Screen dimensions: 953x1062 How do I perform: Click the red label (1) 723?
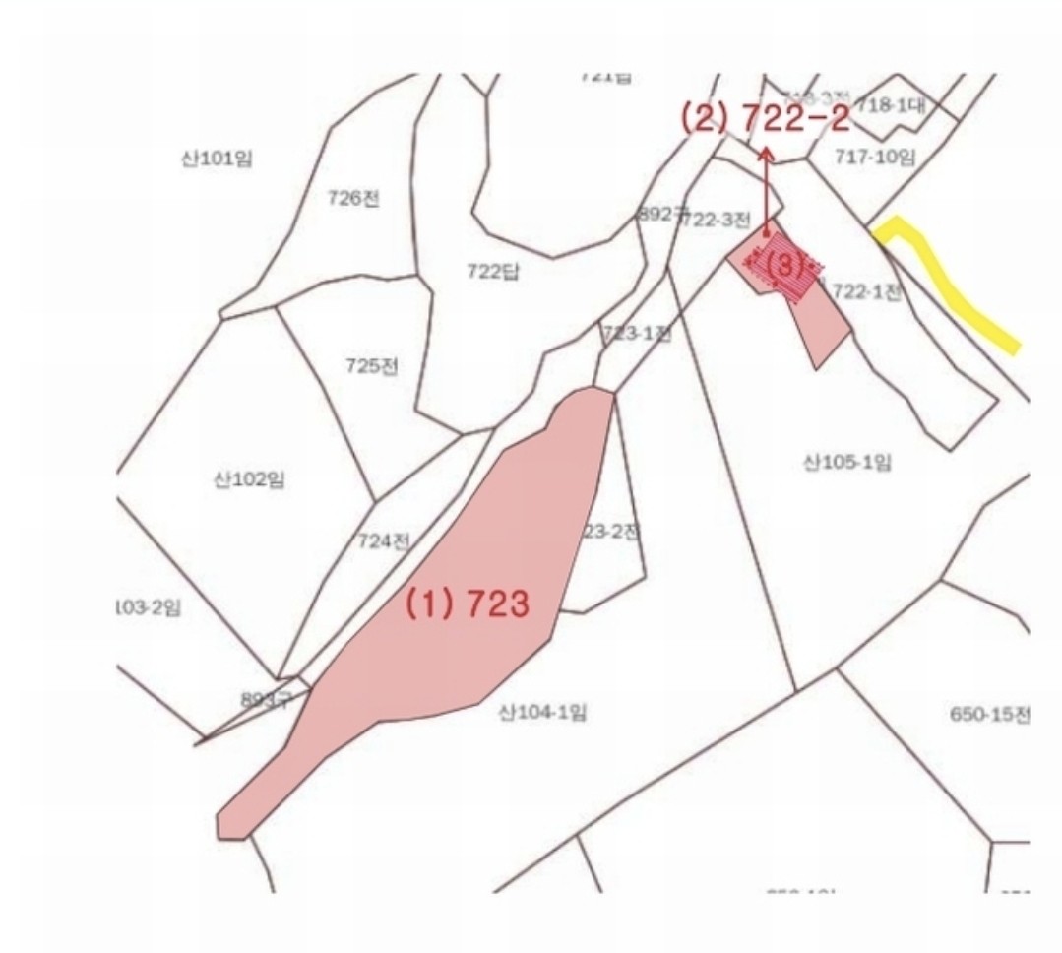(x=469, y=604)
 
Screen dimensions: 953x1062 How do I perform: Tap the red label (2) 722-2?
(x=764, y=119)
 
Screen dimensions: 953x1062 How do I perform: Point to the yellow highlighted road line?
(x=955, y=286)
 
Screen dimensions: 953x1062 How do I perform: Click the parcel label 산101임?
(x=216, y=159)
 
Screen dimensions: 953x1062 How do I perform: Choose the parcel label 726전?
(x=353, y=198)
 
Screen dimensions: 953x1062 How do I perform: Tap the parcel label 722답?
(x=492, y=272)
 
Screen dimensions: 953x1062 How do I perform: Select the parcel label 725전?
(x=372, y=366)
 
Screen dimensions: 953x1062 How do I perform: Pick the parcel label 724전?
(x=384, y=540)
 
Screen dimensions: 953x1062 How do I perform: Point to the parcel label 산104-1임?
(x=543, y=712)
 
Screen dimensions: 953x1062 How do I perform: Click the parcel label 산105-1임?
(x=847, y=462)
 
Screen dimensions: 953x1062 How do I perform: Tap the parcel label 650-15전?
(x=990, y=715)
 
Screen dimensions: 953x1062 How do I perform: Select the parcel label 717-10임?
(x=875, y=156)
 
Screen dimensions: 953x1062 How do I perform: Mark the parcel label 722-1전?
(x=866, y=291)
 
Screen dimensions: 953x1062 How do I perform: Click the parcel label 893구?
(x=267, y=700)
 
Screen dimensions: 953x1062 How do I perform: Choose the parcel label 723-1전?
(x=636, y=334)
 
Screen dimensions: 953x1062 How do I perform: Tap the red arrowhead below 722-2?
(x=766, y=153)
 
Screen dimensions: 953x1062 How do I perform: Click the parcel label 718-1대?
(x=891, y=105)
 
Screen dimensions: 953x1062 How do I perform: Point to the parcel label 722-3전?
(x=717, y=220)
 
